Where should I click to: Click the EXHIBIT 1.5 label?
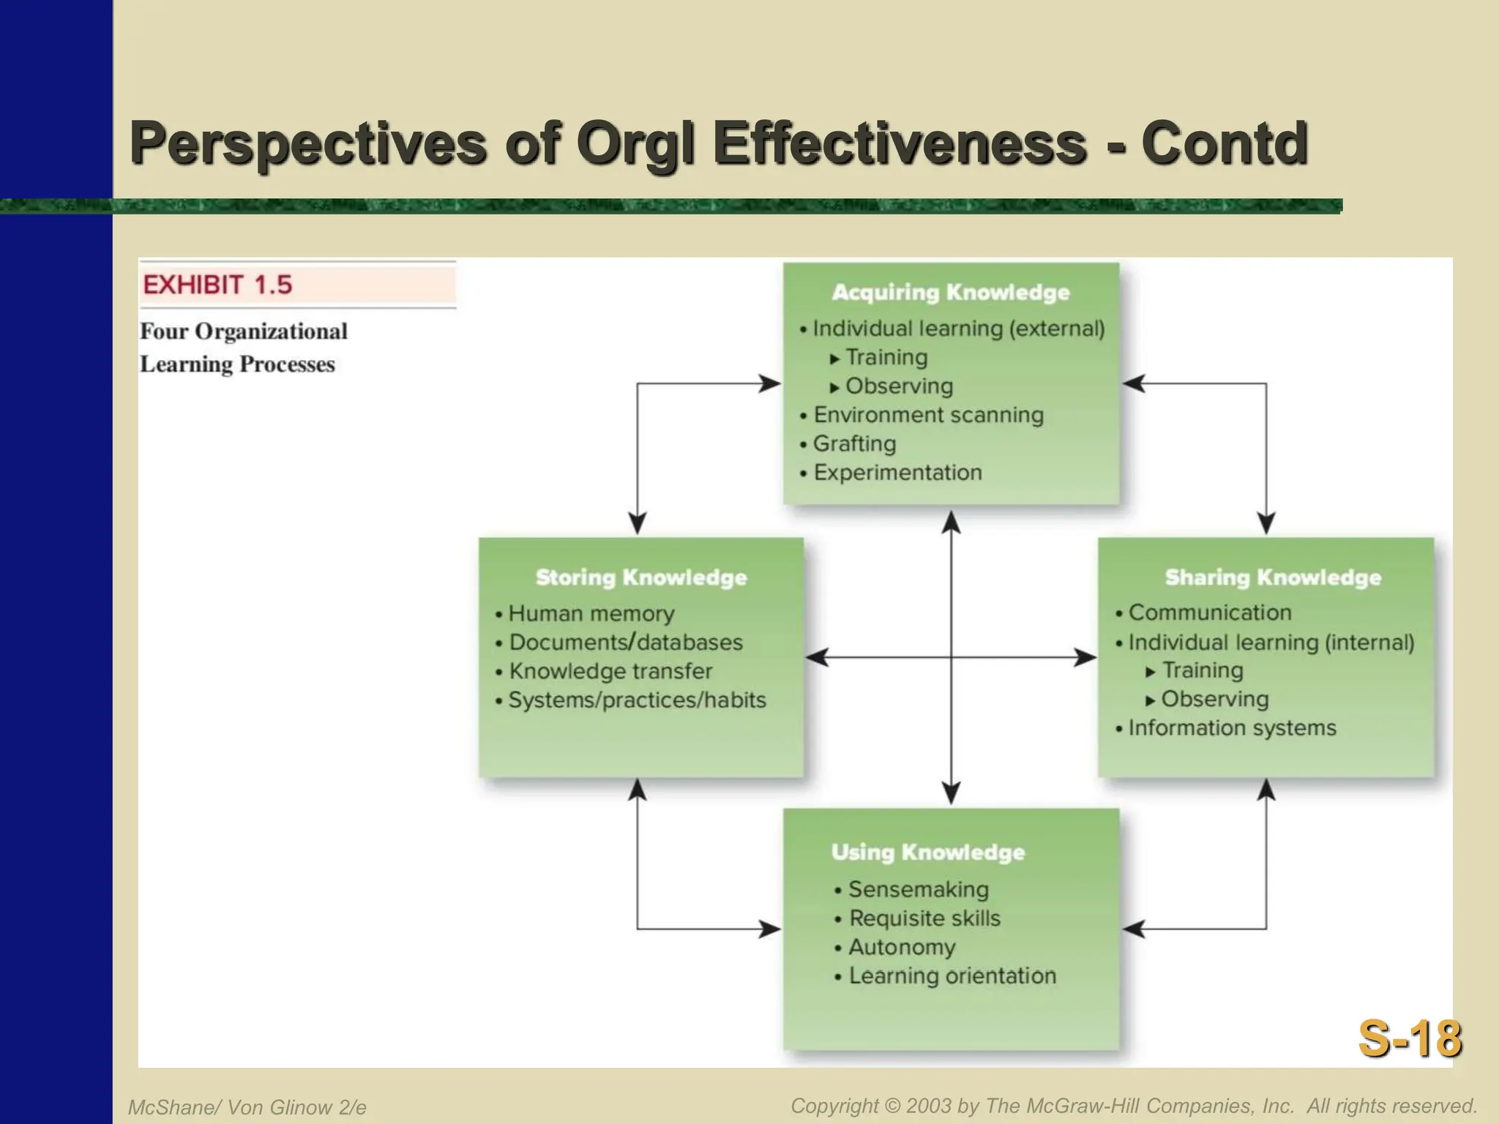(x=217, y=285)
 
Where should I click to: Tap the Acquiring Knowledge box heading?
(x=950, y=292)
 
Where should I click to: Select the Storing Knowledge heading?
(x=641, y=577)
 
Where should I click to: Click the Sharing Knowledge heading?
(x=1273, y=577)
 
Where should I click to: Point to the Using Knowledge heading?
(x=927, y=853)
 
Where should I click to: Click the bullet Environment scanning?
(x=928, y=415)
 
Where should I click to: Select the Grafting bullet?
(x=854, y=443)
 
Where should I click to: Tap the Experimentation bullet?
(x=897, y=473)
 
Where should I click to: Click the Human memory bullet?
(x=591, y=613)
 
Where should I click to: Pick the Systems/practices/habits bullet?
(x=637, y=700)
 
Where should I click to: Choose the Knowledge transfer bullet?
(x=610, y=671)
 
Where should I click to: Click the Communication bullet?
(x=1209, y=612)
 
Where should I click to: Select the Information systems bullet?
(x=1232, y=728)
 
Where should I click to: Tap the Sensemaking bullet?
(x=918, y=890)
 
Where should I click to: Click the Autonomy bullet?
(x=902, y=948)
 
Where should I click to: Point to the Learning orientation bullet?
(x=952, y=976)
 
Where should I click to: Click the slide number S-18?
(x=1409, y=1039)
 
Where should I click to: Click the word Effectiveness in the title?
(x=900, y=143)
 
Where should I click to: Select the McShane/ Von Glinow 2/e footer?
(x=247, y=1107)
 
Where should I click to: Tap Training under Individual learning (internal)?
(x=1202, y=670)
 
